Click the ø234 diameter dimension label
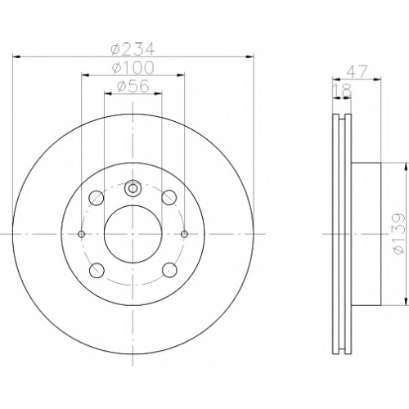(133, 48)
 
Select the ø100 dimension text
(133, 67)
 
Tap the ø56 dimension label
(133, 86)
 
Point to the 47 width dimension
(357, 72)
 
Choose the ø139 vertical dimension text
(398, 234)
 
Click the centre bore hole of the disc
(133, 234)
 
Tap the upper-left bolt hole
(97, 197)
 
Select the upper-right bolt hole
(169, 197)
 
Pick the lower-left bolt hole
(97, 270)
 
